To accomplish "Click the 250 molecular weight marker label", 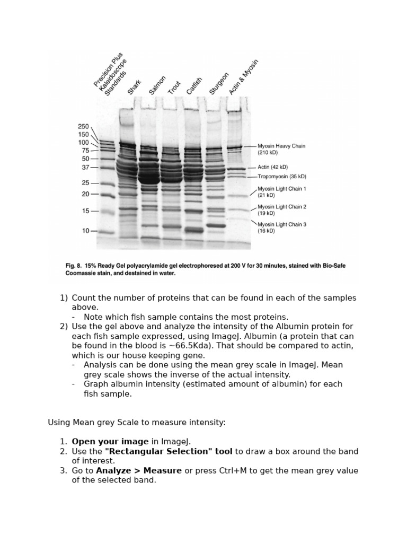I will pos(83,126).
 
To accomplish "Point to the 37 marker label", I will pos(85,168).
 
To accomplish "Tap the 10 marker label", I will pos(85,231).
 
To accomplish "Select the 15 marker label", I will pos(85,211).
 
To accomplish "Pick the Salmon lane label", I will pos(157,85).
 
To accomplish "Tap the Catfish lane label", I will pos(194,86).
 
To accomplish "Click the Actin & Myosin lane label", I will pos(243,78).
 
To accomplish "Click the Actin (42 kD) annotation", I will pos(272,167).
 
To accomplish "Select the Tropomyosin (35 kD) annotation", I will pos(281,177).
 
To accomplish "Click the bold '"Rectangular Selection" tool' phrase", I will pos(169,451).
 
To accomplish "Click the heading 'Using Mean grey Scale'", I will pos(92,422).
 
